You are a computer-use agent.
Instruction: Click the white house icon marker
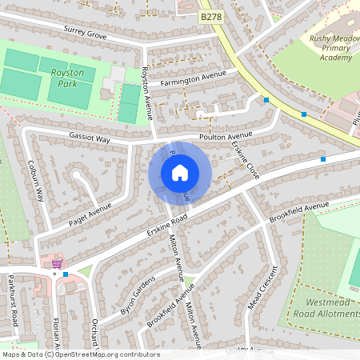pyautogui.click(x=180, y=173)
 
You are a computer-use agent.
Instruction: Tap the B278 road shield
pyautogui.click(x=210, y=15)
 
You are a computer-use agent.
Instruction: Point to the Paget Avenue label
pyautogui.click(x=89, y=214)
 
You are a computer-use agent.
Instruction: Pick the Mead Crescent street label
pyautogui.click(x=267, y=287)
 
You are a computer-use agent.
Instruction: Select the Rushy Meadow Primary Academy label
pyautogui.click(x=330, y=47)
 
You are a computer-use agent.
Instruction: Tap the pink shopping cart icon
pyautogui.click(x=57, y=262)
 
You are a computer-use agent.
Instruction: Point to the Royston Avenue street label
pyautogui.click(x=147, y=93)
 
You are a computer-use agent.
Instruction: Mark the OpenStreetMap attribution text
pyautogui.click(x=81, y=354)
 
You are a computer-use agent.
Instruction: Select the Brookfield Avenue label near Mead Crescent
pyautogui.click(x=299, y=212)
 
